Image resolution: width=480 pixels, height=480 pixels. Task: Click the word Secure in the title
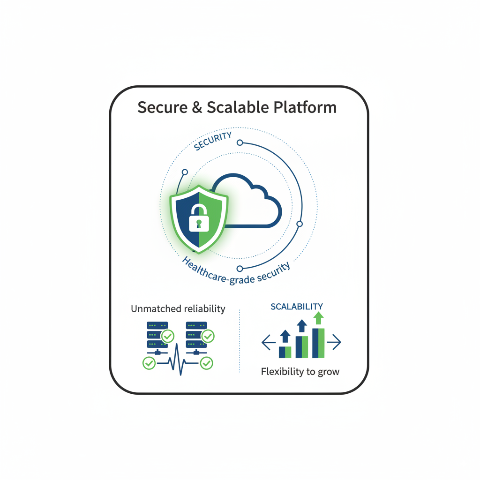pyautogui.click(x=161, y=107)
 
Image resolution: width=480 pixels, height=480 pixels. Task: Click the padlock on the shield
pyautogui.click(x=198, y=219)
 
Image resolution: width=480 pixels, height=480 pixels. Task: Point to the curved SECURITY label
pyautogui.click(x=213, y=141)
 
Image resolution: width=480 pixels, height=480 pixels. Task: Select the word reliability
pyautogui.click(x=203, y=309)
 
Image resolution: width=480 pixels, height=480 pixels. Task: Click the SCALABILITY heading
pyautogui.click(x=297, y=307)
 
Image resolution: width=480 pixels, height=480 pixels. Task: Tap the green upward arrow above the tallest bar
pyautogui.click(x=319, y=318)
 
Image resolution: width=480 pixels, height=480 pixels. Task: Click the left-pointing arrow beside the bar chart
pyautogui.click(x=269, y=343)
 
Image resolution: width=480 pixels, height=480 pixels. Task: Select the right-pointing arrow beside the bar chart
pyautogui.click(x=334, y=343)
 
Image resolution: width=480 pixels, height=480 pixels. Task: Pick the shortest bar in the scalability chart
pyautogui.click(x=285, y=352)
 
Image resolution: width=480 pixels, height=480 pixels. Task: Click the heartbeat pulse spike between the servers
pyautogui.click(x=180, y=359)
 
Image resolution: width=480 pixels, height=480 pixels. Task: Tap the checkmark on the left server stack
pyautogui.click(x=167, y=336)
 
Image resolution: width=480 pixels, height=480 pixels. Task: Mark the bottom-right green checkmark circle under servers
pyautogui.click(x=206, y=363)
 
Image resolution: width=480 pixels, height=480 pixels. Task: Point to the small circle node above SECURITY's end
pyautogui.click(x=240, y=142)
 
